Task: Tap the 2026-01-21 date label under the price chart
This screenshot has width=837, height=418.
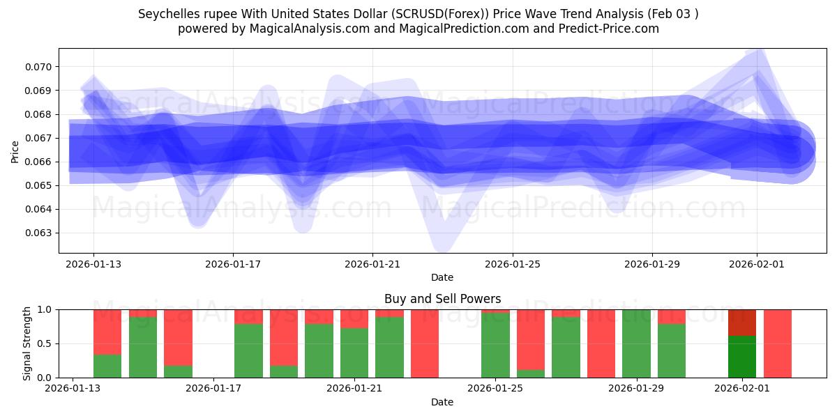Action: click(372, 264)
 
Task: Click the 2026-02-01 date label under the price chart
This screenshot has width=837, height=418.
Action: click(757, 264)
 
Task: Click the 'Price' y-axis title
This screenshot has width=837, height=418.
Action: click(15, 150)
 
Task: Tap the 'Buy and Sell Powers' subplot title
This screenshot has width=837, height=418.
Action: click(442, 299)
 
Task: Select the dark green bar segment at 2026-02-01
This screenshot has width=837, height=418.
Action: click(742, 357)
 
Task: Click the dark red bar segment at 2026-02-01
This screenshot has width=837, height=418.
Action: click(742, 323)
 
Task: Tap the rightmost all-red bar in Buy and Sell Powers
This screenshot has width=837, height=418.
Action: click(778, 343)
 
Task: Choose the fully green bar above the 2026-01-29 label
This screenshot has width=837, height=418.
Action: click(636, 343)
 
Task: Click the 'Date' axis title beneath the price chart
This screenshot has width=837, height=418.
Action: click(442, 277)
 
